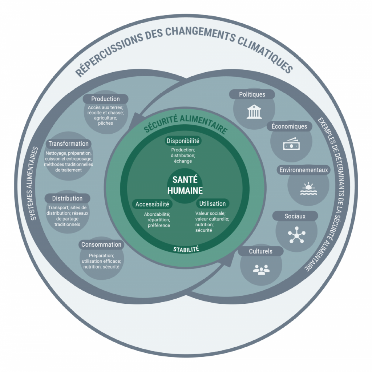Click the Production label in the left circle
pos(105,99)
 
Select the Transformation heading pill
pos(68,143)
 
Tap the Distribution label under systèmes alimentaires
pos(67,198)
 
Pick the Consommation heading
pos(101,244)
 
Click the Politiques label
pos(252,94)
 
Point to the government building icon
pos(254,113)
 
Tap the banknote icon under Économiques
pos(291,145)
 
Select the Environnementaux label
pos(303,170)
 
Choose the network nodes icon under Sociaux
pos(296,236)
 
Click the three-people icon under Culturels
pos(261,270)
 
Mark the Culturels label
pos(260,251)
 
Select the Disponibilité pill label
pos(183,141)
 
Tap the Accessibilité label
pos(152,204)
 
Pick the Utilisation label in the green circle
pos(213,203)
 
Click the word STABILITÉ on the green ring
pos(186,250)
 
